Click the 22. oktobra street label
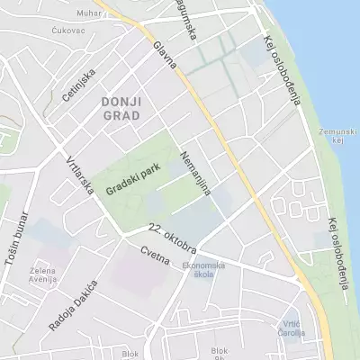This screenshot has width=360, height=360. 172,236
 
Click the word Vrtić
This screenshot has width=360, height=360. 291,323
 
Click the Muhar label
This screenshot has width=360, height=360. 89,13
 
